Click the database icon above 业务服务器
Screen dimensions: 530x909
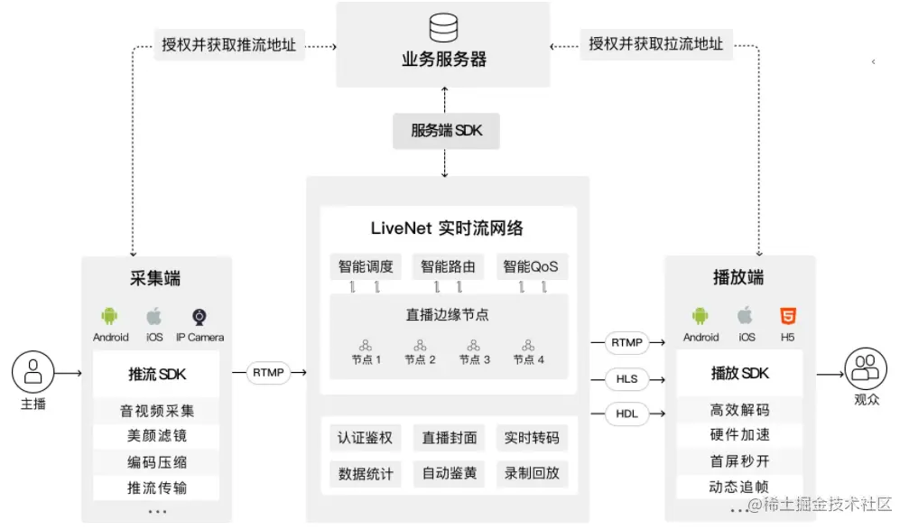click(x=443, y=27)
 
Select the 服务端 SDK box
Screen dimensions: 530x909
click(x=447, y=131)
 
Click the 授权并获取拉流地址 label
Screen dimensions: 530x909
click(x=656, y=43)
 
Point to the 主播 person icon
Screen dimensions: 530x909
click(x=33, y=371)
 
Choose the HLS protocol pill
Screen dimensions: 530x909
click(x=626, y=379)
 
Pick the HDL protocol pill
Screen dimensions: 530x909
click(x=626, y=414)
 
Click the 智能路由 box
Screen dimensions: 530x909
click(x=448, y=266)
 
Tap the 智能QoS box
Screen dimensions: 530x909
click(x=531, y=266)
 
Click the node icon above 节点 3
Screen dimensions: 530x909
click(x=474, y=344)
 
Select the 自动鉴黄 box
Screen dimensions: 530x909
click(x=448, y=472)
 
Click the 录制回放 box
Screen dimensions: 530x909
click(x=532, y=472)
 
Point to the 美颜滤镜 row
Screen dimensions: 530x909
click(x=157, y=436)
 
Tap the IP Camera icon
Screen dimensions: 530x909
click(x=199, y=317)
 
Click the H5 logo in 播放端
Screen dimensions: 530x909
click(x=788, y=316)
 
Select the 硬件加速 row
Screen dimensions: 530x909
click(x=740, y=435)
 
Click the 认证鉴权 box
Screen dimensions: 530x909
click(x=366, y=439)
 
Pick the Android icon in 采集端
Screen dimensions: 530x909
click(x=110, y=317)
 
